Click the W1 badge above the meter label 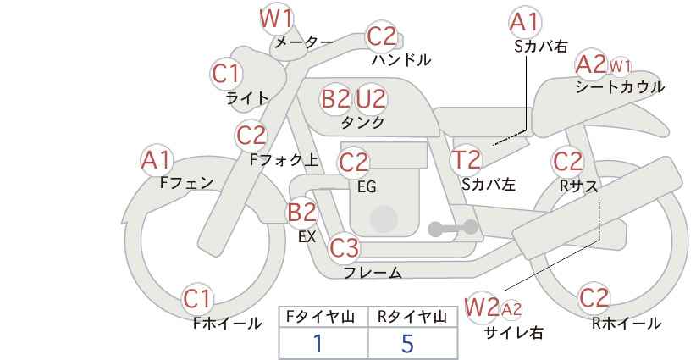pyautogui.click(x=277, y=19)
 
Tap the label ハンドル pyautogui.click(x=401, y=59)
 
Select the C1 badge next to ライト pyautogui.click(x=226, y=75)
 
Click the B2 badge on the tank pyautogui.click(x=335, y=98)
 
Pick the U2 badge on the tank pyautogui.click(x=371, y=98)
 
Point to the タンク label pyautogui.click(x=362, y=123)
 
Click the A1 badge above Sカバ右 pyautogui.click(x=525, y=22)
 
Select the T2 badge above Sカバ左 pyautogui.click(x=466, y=160)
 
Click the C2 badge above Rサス pyautogui.click(x=567, y=162)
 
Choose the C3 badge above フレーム pyautogui.click(x=344, y=247)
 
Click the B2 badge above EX pyautogui.click(x=302, y=212)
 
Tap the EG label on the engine pyautogui.click(x=367, y=187)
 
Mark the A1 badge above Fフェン pyautogui.click(x=157, y=160)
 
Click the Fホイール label pyautogui.click(x=227, y=324)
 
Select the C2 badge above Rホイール pyautogui.click(x=594, y=298)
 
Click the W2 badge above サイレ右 pyautogui.click(x=481, y=307)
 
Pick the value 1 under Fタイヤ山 pyautogui.click(x=318, y=344)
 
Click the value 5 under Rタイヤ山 pyautogui.click(x=407, y=344)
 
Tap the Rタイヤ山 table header pyautogui.click(x=412, y=317)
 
